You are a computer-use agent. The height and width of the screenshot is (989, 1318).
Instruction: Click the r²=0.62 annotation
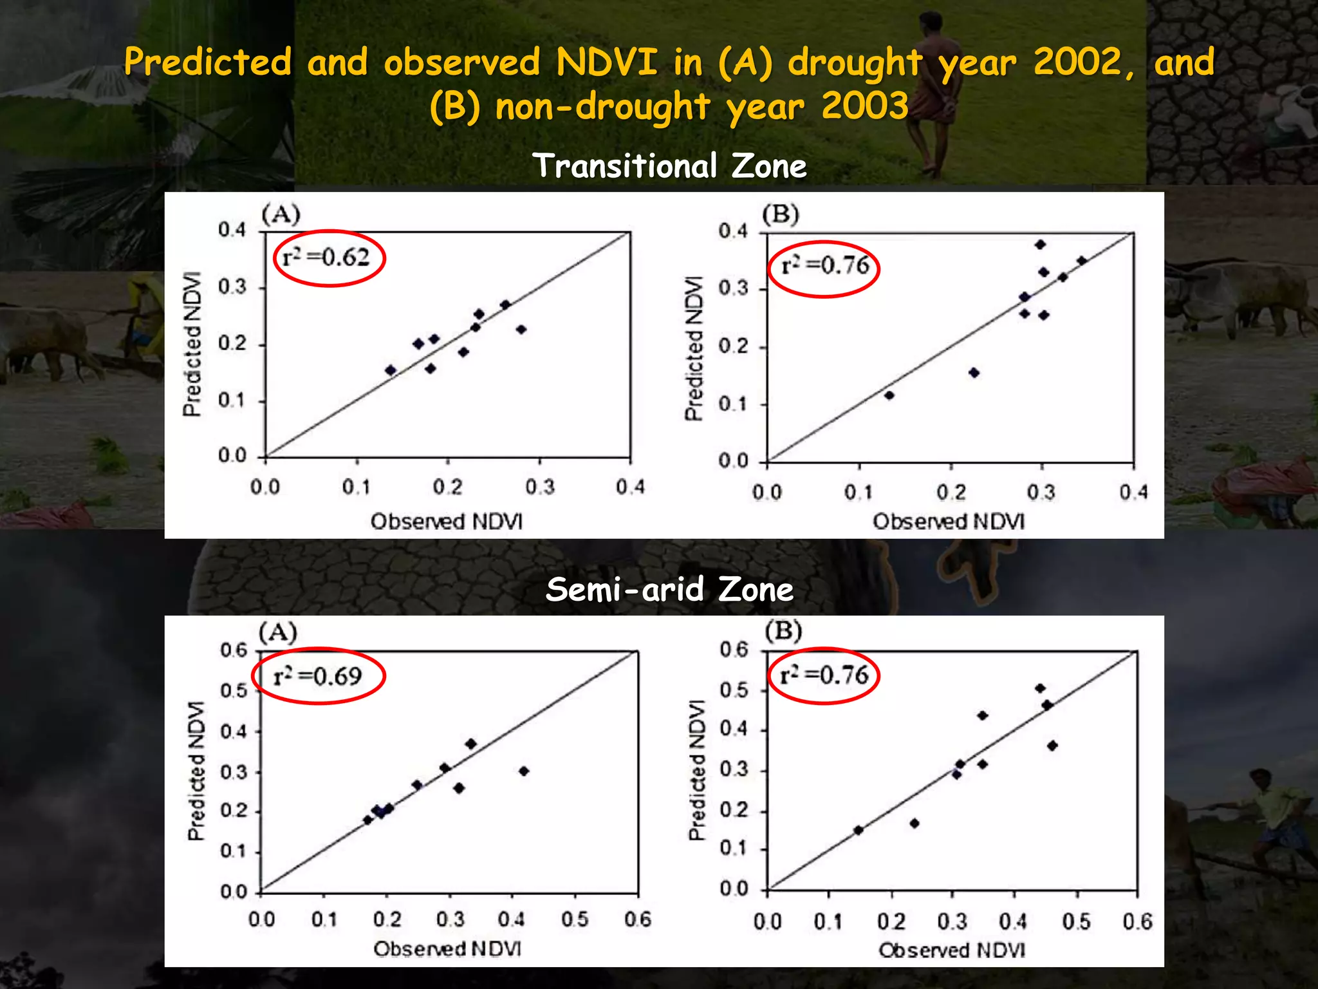coord(328,258)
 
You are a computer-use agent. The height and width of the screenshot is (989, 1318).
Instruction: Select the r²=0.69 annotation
coord(318,676)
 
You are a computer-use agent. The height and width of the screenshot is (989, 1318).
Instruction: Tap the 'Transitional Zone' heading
coord(669,166)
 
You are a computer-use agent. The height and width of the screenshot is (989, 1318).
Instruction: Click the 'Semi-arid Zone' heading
coord(669,589)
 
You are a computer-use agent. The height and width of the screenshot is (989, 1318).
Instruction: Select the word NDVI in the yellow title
coord(607,62)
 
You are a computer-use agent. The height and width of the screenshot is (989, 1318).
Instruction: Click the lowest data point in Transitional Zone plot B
coord(889,395)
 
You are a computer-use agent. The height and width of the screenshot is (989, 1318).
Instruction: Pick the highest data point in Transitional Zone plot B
coord(1040,244)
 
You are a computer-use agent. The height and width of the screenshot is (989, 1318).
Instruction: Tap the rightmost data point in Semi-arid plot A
coord(524,771)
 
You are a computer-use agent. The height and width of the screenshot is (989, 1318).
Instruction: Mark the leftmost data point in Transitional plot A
coord(390,370)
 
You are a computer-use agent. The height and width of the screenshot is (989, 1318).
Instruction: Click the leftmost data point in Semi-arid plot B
coord(859,830)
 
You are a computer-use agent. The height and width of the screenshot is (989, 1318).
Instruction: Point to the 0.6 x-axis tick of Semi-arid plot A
coord(637,919)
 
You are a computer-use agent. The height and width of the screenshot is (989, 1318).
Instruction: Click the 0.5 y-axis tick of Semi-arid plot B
coord(734,690)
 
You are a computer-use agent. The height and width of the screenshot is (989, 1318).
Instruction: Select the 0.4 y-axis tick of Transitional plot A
coord(232,230)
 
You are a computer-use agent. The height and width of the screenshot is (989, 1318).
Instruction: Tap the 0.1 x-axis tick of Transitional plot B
coord(859,493)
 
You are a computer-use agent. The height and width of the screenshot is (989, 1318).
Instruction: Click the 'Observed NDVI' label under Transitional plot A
coord(446,521)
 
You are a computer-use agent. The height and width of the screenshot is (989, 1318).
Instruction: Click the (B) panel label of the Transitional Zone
coord(780,214)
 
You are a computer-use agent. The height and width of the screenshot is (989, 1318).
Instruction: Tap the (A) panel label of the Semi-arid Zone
coord(278,632)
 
